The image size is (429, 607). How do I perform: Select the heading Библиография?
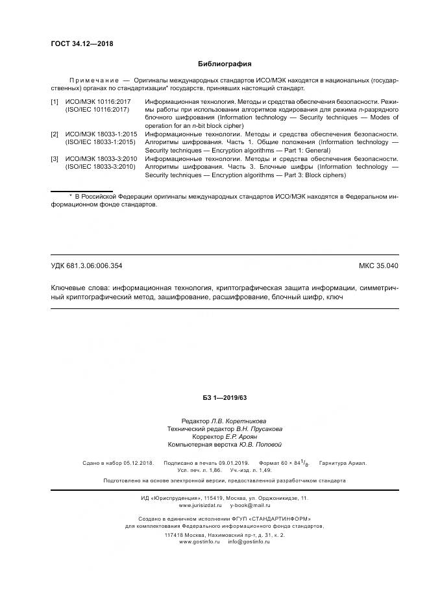coord(224,64)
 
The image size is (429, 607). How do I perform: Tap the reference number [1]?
coord(55,102)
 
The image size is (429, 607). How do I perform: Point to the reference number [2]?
coord(55,134)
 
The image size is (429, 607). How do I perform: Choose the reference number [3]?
coord(55,158)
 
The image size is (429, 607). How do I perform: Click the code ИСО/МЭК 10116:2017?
coord(98,102)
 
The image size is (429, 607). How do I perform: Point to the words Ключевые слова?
coord(80,288)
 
